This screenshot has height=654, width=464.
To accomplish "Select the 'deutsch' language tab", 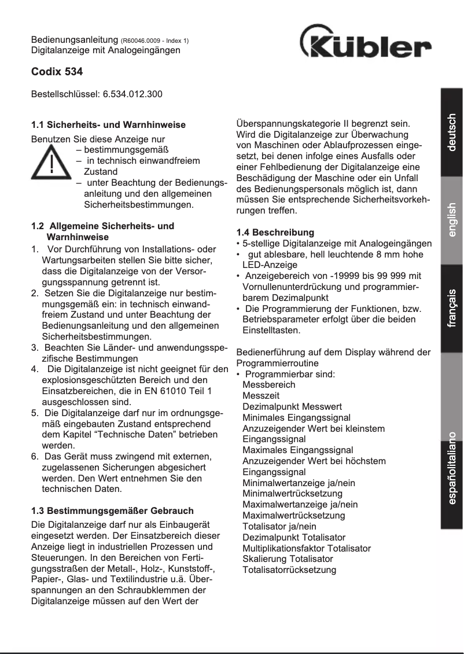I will pyautogui.click(x=452, y=132).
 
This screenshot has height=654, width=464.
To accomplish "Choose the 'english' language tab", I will pyautogui.click(x=452, y=221).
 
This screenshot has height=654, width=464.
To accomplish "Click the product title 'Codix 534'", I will pyautogui.click(x=57, y=73).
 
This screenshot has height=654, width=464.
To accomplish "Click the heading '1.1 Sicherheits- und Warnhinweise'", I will pyautogui.click(x=108, y=124).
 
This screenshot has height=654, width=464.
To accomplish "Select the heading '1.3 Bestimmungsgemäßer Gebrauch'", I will pyautogui.click(x=112, y=511).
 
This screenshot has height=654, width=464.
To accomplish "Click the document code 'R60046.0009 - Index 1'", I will pyautogui.click(x=155, y=41).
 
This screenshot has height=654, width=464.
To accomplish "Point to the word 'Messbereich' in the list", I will pyautogui.click(x=268, y=384).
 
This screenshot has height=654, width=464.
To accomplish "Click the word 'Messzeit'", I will pyautogui.click(x=261, y=395).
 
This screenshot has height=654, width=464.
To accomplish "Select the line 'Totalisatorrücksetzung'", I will pyautogui.click(x=289, y=570).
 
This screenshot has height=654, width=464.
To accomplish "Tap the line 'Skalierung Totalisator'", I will pyautogui.click(x=288, y=559).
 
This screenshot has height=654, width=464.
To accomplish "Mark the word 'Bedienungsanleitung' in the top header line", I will pyautogui.click(x=75, y=41).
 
